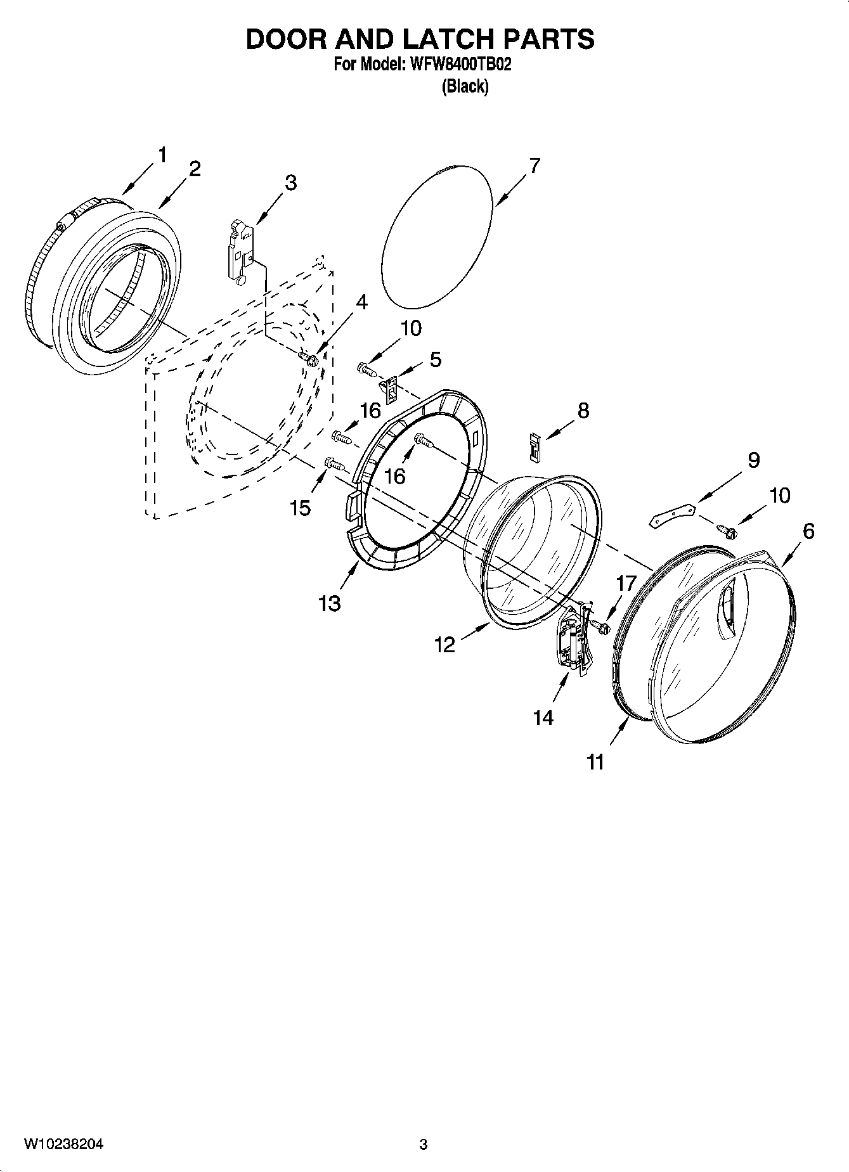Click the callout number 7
coord(535,166)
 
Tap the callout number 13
coord(330,603)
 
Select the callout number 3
coord(290,183)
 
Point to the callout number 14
coord(543,718)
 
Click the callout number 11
coord(595,762)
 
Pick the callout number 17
coord(625,583)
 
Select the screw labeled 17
coord(600,627)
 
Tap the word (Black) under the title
coord(465,86)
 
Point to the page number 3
coord(423,1145)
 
